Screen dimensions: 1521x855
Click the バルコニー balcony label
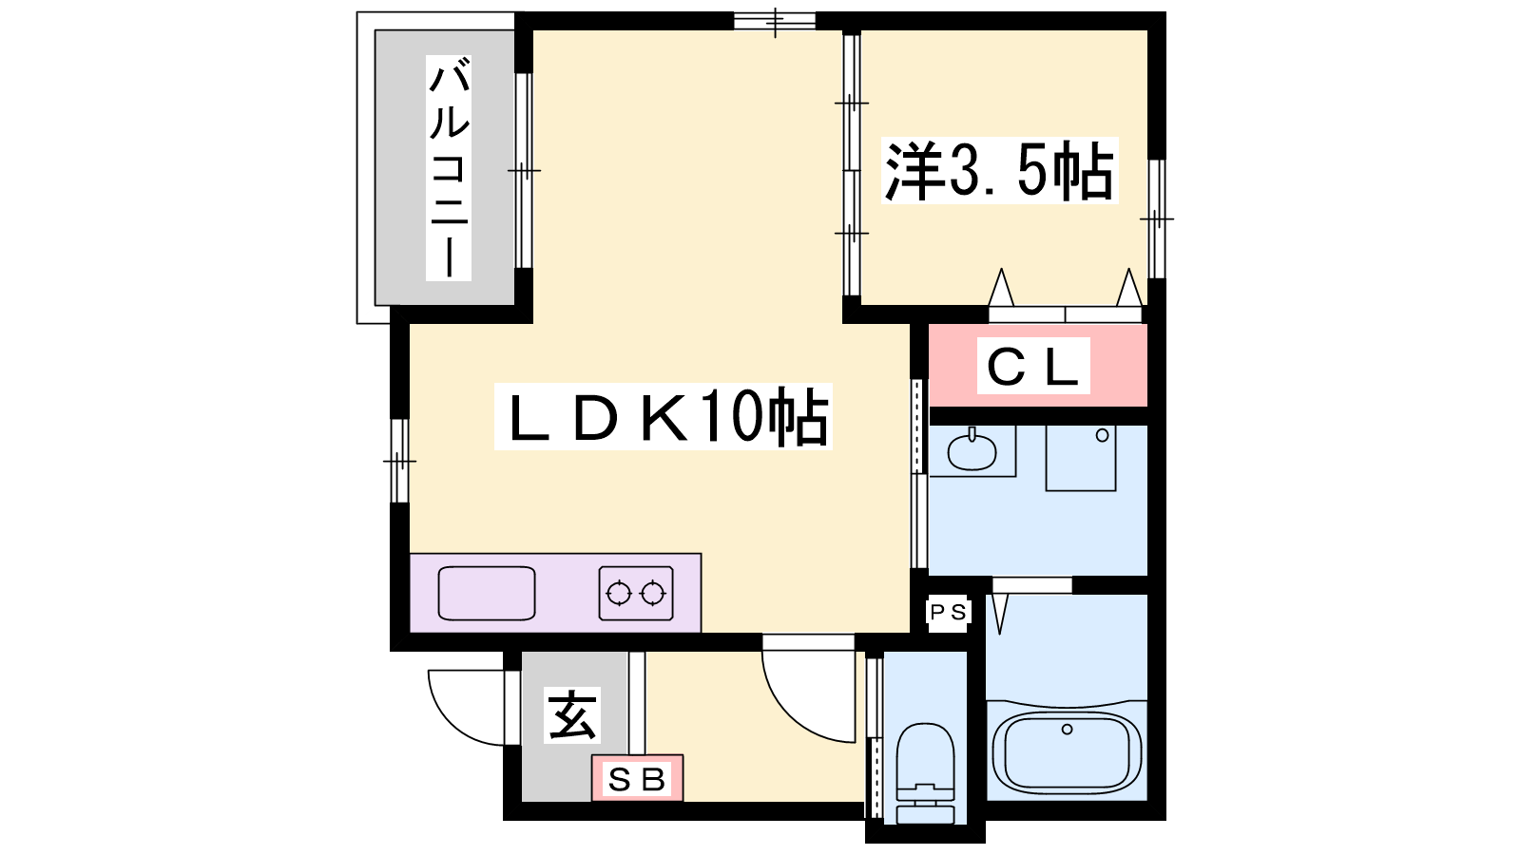click(448, 168)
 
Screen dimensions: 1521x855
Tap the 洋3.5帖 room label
click(999, 170)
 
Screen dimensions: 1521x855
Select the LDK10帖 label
click(664, 416)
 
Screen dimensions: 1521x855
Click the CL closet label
click(1033, 366)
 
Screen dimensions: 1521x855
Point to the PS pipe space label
click(948, 613)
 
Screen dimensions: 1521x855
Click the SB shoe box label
click(637, 779)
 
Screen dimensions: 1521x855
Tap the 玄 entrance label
click(572, 715)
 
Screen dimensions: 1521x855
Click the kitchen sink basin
click(487, 593)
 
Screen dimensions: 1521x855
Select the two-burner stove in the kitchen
click(636, 593)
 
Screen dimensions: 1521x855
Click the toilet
click(925, 772)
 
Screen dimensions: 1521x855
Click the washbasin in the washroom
click(972, 450)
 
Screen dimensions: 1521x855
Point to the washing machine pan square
click(1081, 458)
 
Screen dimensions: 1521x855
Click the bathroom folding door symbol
click(999, 614)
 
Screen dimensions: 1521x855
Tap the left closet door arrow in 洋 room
click(1000, 288)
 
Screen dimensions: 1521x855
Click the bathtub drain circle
click(1067, 729)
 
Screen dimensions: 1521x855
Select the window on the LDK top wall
click(775, 21)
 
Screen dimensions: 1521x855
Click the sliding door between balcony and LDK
click(524, 170)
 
